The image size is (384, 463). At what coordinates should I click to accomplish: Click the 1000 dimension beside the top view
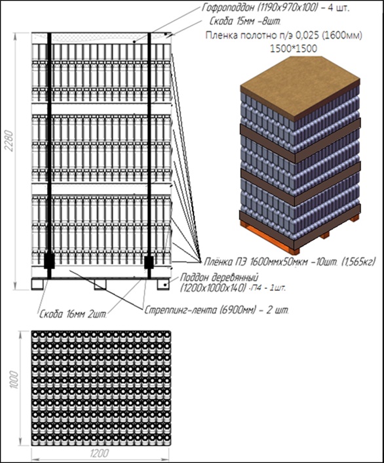tap(14, 380)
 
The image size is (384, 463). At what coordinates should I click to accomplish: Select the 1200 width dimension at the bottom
tap(100, 453)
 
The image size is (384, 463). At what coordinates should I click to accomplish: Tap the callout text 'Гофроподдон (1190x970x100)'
tap(259, 8)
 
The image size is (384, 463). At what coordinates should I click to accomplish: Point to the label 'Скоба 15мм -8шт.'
tap(245, 22)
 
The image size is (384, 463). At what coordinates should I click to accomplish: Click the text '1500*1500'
tap(294, 49)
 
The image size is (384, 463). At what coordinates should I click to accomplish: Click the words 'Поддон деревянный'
tap(219, 277)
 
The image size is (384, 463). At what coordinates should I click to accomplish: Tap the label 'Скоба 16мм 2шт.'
tap(73, 314)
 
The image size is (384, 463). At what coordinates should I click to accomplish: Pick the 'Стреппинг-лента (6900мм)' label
tap(199, 311)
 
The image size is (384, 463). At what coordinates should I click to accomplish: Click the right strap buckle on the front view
tap(149, 262)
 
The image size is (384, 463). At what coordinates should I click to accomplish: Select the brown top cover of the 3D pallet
tap(300, 89)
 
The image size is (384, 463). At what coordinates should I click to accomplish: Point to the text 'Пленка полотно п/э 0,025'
tap(259, 35)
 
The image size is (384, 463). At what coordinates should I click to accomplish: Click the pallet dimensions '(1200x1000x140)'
tap(213, 288)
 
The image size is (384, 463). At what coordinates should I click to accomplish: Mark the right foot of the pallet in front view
tap(163, 284)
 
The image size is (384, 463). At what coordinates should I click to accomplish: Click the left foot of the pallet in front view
tap(37, 284)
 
